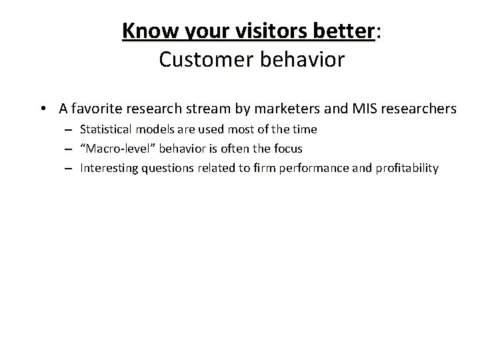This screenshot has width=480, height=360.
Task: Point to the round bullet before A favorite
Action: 42,108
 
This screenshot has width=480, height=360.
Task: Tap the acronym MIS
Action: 372,108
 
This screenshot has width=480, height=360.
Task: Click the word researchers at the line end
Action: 423,108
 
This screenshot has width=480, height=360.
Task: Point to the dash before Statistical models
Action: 69,129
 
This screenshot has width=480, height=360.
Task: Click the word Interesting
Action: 107,168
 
